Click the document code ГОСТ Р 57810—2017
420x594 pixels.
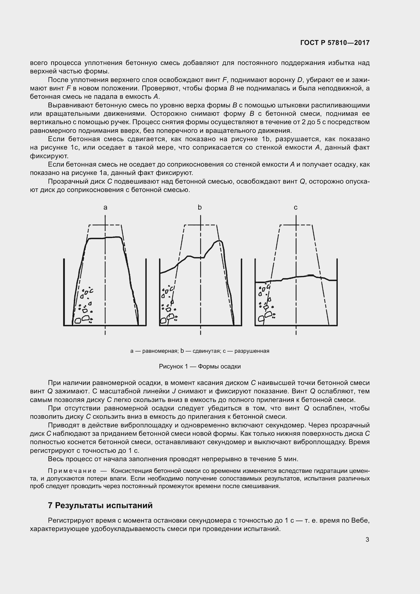(x=335, y=43)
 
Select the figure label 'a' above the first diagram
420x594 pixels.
(x=105, y=207)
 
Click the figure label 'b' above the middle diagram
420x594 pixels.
(x=200, y=207)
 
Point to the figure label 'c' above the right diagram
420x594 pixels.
(x=296, y=207)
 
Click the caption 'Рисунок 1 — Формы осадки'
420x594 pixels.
(x=200, y=367)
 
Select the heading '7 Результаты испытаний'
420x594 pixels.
(x=100, y=506)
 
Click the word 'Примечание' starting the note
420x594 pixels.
(x=72, y=471)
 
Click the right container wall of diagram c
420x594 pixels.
(x=337, y=292)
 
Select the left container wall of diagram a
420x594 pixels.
(x=64, y=292)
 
